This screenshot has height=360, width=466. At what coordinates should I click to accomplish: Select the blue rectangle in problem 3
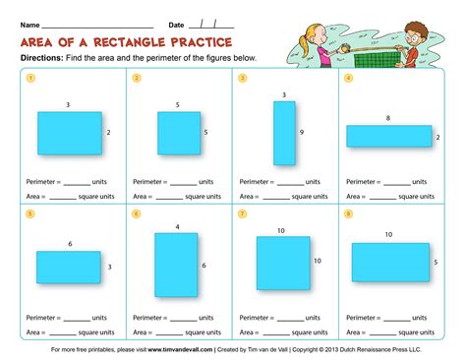click(x=284, y=134)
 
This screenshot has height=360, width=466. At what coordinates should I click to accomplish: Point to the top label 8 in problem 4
click(x=387, y=118)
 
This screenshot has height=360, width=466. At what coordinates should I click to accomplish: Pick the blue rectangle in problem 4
click(x=387, y=136)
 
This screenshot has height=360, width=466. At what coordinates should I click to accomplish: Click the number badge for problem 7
click(x=242, y=212)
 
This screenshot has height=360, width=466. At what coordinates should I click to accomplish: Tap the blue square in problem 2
click(x=178, y=133)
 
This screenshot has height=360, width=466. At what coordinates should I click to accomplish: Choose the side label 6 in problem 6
click(x=204, y=266)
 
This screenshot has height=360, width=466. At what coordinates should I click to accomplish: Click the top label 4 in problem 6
click(x=177, y=227)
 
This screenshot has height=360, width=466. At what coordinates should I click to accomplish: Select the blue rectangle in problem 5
click(x=69, y=267)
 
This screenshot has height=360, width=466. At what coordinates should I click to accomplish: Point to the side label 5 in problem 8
click(x=436, y=262)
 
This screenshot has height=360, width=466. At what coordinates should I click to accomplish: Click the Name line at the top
click(x=97, y=25)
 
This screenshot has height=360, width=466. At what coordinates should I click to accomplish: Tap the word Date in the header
click(x=176, y=24)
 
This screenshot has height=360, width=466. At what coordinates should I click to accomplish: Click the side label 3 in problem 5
click(x=109, y=267)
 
